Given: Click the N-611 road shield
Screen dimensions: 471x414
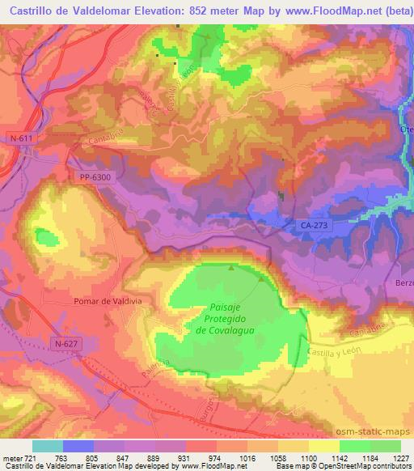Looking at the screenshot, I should click(23, 138).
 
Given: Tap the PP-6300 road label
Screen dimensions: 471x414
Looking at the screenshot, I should click(95, 176).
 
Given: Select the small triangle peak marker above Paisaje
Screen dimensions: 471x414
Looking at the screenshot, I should click(231, 268).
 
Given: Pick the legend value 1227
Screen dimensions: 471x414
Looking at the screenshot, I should click(401, 457).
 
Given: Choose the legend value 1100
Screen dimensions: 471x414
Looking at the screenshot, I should click(298, 457).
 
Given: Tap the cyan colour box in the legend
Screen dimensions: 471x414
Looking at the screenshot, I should click(49, 446).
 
